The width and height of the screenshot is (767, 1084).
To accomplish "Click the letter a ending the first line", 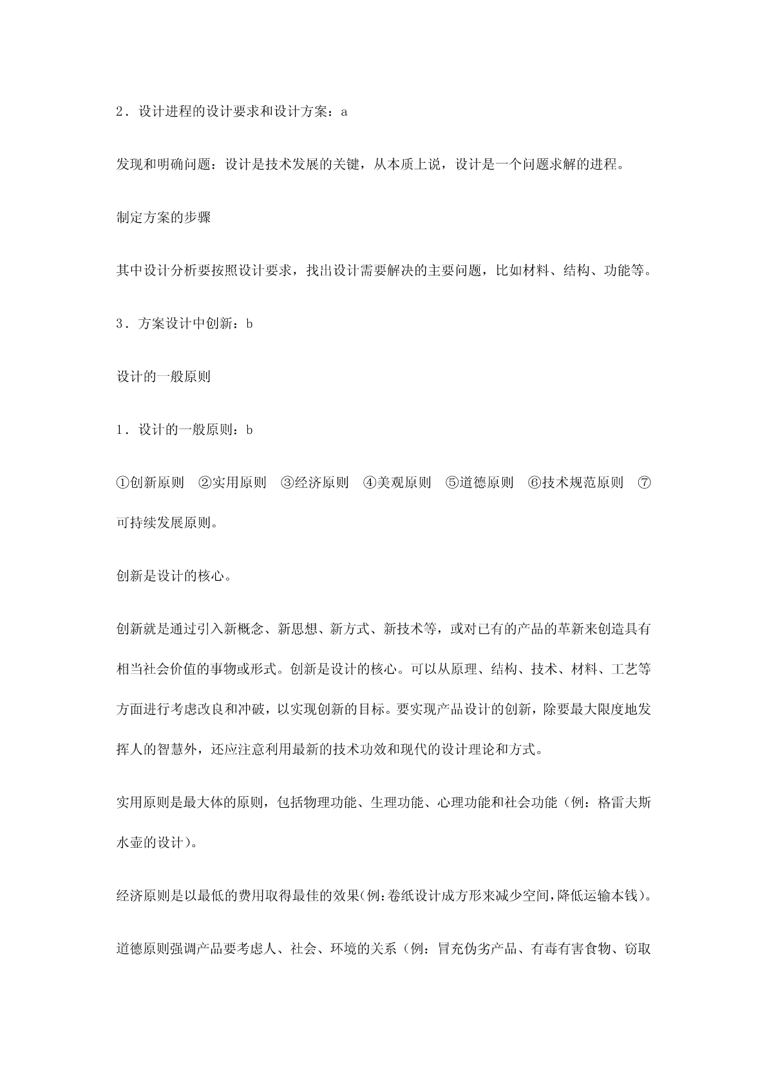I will (x=344, y=111).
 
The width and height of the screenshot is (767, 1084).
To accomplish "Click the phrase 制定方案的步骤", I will (x=164, y=218).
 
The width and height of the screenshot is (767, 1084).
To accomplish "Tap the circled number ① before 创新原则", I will (x=123, y=483).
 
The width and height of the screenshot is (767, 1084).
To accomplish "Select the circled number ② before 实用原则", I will (x=205, y=483).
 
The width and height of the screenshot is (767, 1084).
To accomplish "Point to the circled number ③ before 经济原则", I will (x=287, y=483).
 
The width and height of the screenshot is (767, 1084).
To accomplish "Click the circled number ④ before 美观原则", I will (x=370, y=483).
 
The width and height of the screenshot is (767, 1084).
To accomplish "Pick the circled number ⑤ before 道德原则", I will (x=452, y=483).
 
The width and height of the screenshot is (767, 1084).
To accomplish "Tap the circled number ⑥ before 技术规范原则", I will (x=534, y=483).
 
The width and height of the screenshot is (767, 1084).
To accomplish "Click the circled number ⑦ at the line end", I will (x=643, y=483).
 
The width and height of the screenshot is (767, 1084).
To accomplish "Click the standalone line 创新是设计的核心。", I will (x=174, y=576).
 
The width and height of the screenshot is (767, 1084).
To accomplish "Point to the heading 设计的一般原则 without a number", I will (x=164, y=377).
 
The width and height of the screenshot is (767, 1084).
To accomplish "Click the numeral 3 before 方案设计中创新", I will (x=120, y=324).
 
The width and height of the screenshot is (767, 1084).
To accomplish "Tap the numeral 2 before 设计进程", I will (x=120, y=111).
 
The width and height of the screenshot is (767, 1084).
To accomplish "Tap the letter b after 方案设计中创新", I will (x=249, y=324).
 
